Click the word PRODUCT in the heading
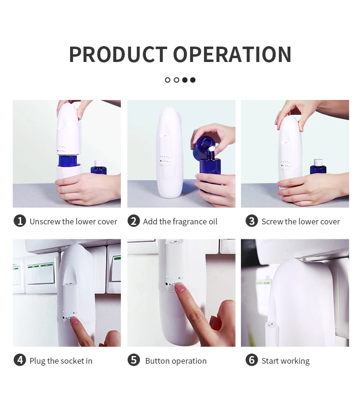tap(118, 54)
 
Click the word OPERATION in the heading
tap(232, 54)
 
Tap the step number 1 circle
tap(20, 221)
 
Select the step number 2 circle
tap(133, 221)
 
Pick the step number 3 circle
tap(252, 221)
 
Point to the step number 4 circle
tap(20, 360)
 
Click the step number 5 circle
tap(133, 360)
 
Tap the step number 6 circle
tap(252, 360)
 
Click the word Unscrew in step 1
tap(45, 221)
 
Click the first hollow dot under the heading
tap(168, 80)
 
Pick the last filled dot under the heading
tap(192, 80)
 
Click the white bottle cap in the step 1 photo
tap(98, 163)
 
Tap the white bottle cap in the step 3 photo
tap(318, 162)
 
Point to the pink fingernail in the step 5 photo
tap(180, 287)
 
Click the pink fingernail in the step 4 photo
tap(75, 321)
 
